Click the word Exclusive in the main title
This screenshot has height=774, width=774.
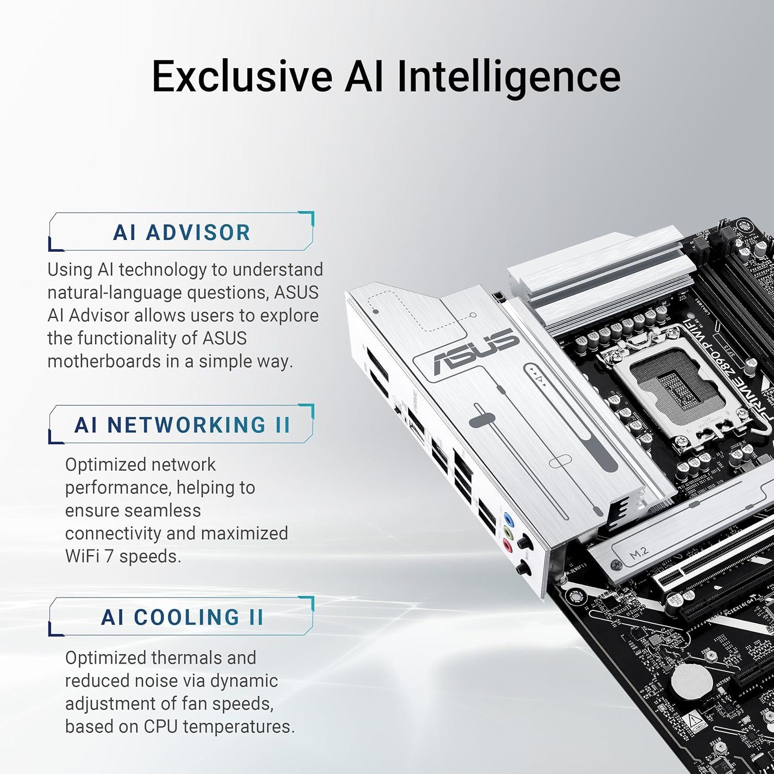pyautogui.click(x=242, y=76)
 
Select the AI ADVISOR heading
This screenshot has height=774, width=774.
pyautogui.click(x=182, y=232)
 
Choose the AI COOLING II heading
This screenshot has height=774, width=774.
pyautogui.click(x=182, y=617)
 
